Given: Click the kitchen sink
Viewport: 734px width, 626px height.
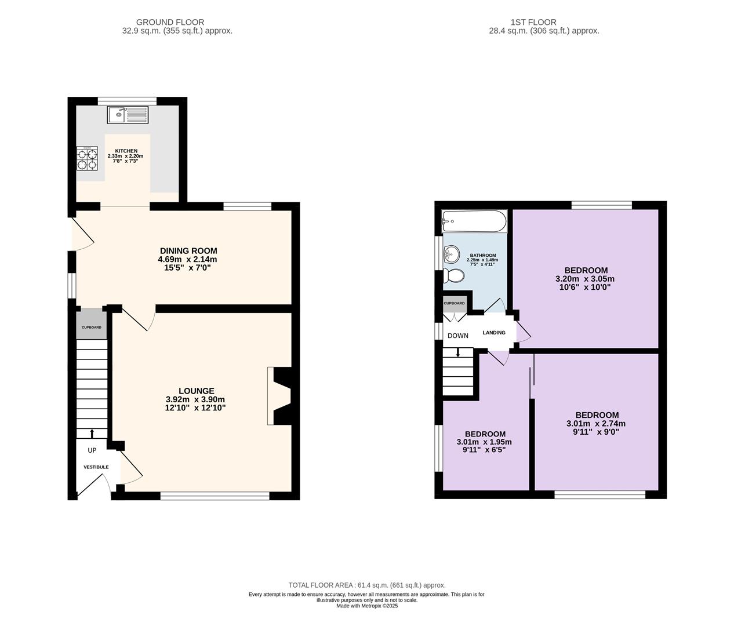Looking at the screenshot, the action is pos(128,115).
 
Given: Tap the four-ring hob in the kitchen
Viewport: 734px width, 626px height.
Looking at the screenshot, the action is pos(87,158).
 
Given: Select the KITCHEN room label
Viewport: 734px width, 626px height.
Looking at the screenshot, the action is pos(126,151).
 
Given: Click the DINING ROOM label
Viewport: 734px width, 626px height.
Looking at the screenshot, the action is pos(188,250).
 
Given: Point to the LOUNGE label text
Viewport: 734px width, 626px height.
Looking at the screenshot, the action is pos(197,391).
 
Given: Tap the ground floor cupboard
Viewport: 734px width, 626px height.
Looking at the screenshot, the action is pos(92,324).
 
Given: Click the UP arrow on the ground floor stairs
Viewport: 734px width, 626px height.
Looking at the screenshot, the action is pos(92,433).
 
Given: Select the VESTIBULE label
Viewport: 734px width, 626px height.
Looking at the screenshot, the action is pos(96,467).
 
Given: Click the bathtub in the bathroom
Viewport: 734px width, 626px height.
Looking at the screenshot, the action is pos(474,221).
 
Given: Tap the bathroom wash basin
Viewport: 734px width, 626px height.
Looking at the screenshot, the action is pos(451,255).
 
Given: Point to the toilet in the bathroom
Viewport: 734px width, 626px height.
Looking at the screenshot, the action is pos(453,275).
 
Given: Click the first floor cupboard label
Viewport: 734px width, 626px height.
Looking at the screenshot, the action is pos(454,303).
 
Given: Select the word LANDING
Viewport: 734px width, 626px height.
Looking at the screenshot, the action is pos(494,333).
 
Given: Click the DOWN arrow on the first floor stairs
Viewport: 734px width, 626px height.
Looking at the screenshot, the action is pos(457,352).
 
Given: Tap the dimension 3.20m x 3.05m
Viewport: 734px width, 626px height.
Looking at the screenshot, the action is pos(585,279).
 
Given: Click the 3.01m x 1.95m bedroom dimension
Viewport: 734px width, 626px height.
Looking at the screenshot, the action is pos(484,442).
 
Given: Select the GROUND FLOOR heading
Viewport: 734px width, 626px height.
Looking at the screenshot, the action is pos(170,23).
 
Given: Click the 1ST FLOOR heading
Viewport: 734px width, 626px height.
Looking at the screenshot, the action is pos(533,23).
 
